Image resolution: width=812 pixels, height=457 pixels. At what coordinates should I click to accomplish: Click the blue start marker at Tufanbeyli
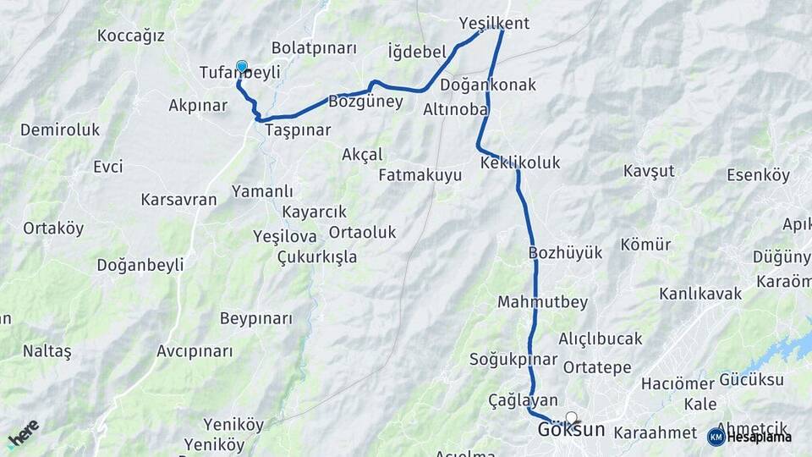(242, 67)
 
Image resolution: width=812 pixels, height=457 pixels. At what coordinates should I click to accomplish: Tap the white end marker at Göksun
(572, 417)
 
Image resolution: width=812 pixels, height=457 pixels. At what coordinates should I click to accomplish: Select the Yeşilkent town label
(493, 23)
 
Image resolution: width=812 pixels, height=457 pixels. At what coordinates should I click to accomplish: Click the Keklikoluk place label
(519, 162)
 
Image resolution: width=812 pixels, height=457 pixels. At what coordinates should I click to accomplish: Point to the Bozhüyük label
(565, 252)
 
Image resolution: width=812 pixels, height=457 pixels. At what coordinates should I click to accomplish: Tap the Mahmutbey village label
(542, 302)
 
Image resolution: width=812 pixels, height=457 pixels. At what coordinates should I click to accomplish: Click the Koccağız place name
(130, 36)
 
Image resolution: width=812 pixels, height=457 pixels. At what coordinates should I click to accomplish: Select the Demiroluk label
(59, 129)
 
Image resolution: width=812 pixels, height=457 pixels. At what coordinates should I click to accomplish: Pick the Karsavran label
(178, 200)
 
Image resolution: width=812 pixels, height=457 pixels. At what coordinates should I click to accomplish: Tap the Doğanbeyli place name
(140, 265)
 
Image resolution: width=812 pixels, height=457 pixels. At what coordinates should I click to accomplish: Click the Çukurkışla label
(317, 256)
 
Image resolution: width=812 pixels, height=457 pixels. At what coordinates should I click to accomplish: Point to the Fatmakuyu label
(420, 175)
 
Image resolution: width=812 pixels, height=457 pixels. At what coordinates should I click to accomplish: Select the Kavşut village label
(649, 171)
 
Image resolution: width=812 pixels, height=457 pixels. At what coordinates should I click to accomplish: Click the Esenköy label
(758, 175)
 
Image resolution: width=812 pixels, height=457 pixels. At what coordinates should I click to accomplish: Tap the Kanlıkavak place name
(700, 294)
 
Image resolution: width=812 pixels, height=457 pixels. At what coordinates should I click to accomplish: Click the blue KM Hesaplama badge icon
(716, 437)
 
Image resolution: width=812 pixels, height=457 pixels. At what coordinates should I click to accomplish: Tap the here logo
(23, 433)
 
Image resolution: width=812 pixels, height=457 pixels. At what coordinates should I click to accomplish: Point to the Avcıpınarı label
(195, 350)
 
